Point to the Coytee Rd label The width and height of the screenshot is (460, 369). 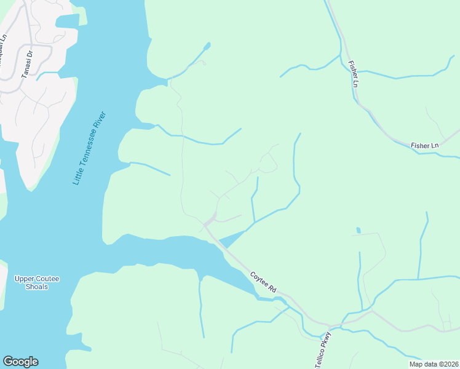pyautogui.click(x=264, y=282)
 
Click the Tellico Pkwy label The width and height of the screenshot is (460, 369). pyautogui.click(x=323, y=350)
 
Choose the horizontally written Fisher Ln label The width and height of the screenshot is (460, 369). pyautogui.click(x=425, y=145)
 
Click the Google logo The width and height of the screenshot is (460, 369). pyautogui.click(x=20, y=362)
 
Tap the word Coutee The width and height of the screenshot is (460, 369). pyautogui.click(x=47, y=279)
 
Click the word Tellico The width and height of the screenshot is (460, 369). pyautogui.click(x=320, y=357)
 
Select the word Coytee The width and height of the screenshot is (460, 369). pyautogui.click(x=260, y=279)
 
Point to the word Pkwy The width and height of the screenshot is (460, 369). pyautogui.click(x=327, y=339)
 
